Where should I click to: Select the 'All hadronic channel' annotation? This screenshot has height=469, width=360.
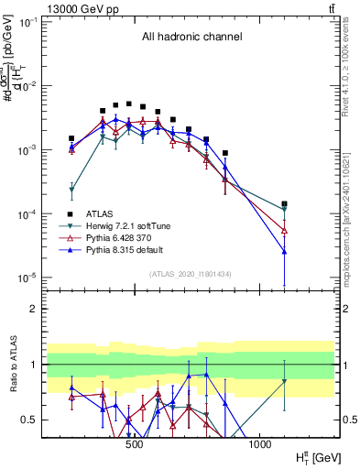click(x=191, y=38)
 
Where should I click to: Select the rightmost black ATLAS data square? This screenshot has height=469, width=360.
click(x=285, y=204)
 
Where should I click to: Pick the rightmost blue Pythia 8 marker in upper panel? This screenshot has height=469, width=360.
click(x=285, y=251)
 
